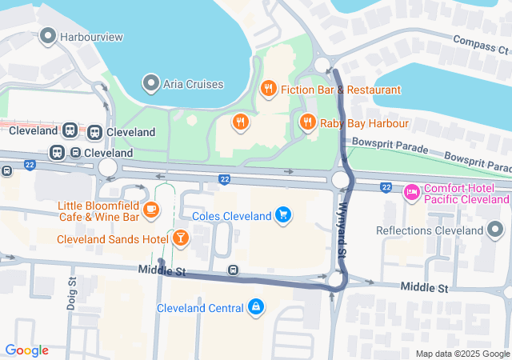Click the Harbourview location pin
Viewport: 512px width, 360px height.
point(47,36)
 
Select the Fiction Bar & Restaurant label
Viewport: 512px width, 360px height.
point(340,90)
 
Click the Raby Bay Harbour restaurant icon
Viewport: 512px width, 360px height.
point(307,122)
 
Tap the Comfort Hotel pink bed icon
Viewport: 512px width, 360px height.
point(412,192)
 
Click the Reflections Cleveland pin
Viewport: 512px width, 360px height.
point(495,231)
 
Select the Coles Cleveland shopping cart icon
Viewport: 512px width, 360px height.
point(282,214)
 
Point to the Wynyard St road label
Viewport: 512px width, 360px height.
point(342,228)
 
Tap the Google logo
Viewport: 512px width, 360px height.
point(26,350)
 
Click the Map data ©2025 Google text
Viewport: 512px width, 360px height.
point(462,354)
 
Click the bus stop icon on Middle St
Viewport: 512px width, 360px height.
point(233,270)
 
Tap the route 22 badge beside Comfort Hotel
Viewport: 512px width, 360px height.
point(386,188)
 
